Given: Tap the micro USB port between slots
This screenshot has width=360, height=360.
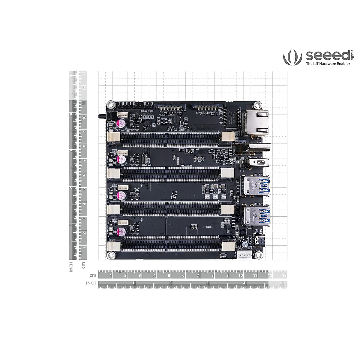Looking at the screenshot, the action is pyautogui.click(x=145, y=159).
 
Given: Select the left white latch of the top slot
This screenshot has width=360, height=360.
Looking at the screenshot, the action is pyautogui.click(x=113, y=137).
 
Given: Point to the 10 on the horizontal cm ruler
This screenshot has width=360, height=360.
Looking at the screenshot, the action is pyautogui.click(x=240, y=275).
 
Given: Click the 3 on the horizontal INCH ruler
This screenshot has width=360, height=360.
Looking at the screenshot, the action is pyautogui.click(x=207, y=283).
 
